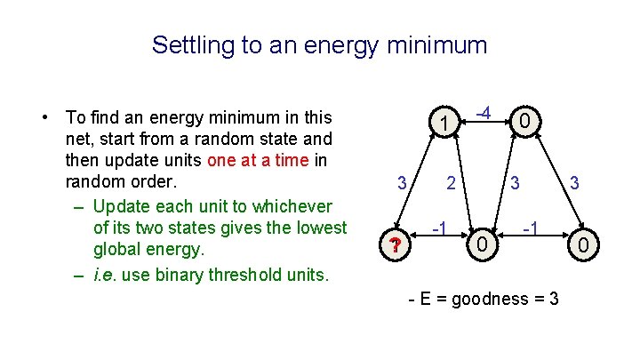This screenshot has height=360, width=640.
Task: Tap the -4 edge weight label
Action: (484, 113)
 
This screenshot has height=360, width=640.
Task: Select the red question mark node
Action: (391, 245)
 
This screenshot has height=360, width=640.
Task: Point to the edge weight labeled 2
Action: (452, 184)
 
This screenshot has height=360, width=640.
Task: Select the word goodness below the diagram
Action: (491, 299)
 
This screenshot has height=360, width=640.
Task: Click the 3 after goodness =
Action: (554, 299)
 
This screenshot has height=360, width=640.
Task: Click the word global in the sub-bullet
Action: (122, 251)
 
